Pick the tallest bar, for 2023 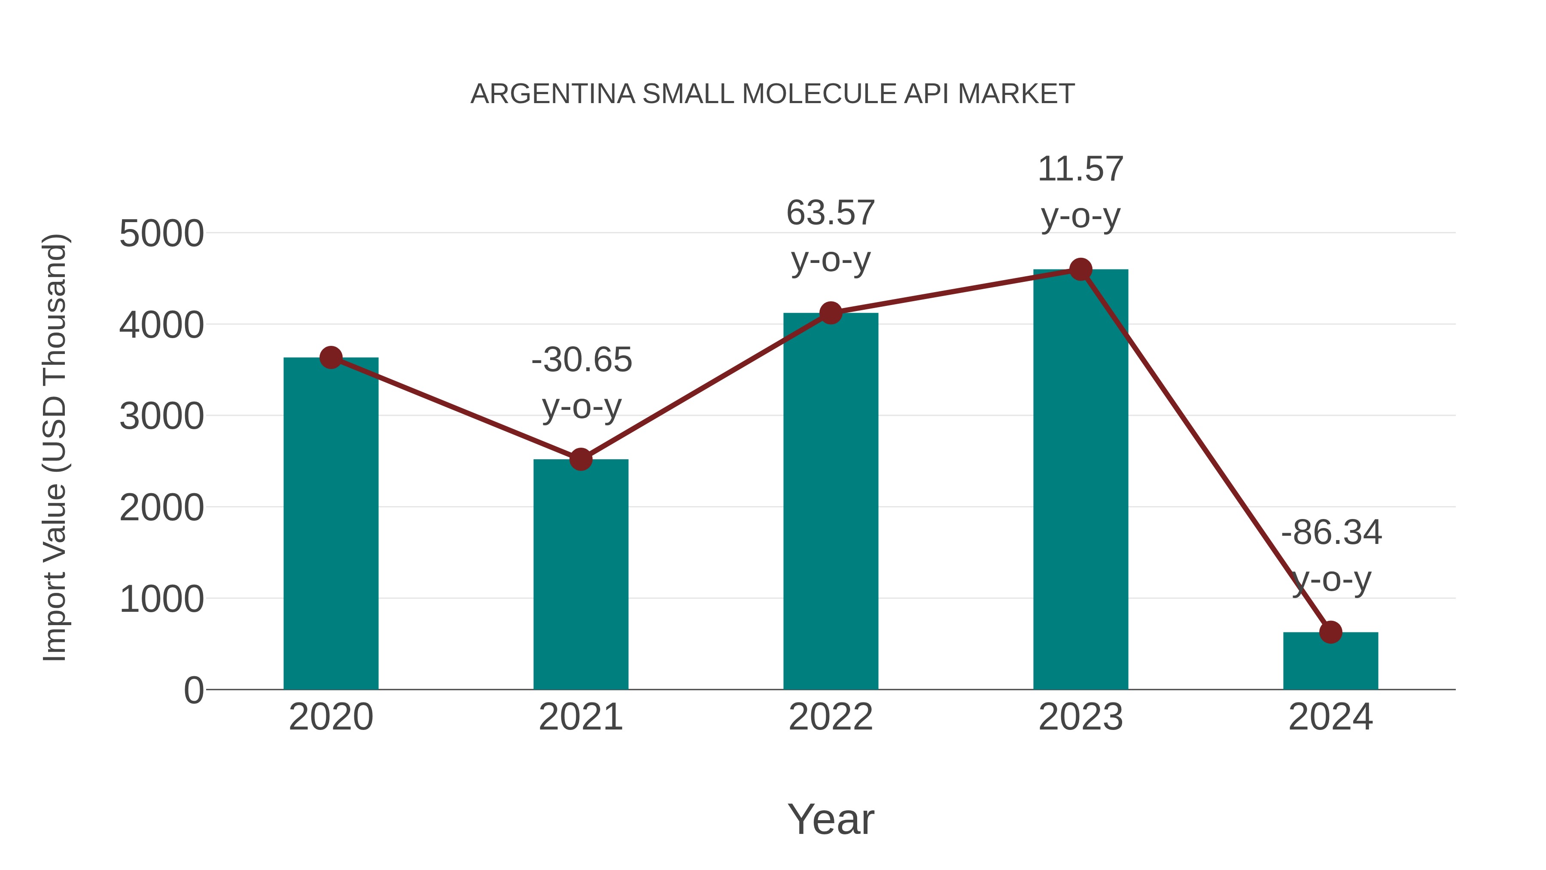(x=1080, y=480)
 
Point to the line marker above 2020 (x=331, y=357)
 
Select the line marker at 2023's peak (x=1080, y=269)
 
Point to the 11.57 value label (x=1080, y=169)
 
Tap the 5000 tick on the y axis (x=161, y=234)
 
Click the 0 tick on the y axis (x=193, y=690)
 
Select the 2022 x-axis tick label (x=831, y=717)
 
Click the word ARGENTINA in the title (x=552, y=94)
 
